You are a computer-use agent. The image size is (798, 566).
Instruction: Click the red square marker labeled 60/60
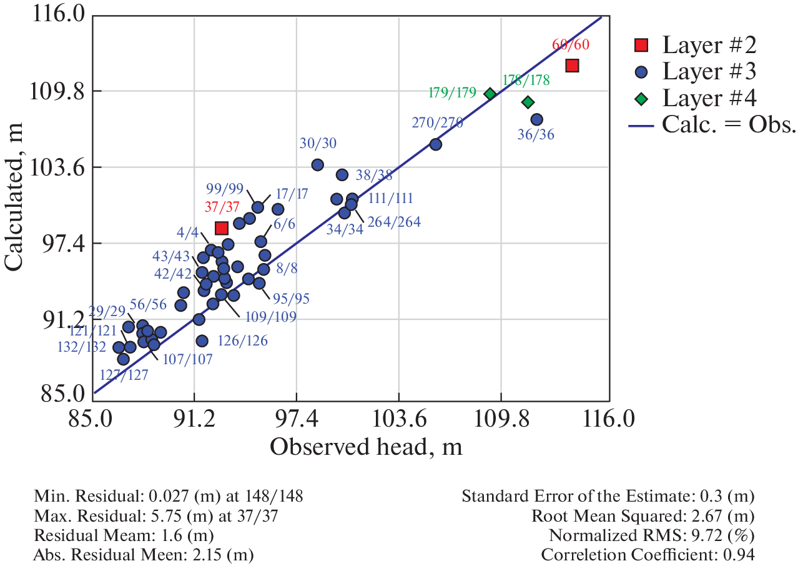coord(572,65)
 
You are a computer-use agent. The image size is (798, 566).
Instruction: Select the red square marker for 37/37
coord(221,228)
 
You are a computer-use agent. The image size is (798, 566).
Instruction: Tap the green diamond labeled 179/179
coord(490,94)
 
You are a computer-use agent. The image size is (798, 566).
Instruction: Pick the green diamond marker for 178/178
coord(528,102)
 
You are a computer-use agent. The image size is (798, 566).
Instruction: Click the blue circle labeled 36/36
coord(536,119)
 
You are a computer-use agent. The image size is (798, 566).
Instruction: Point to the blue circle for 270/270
coord(436,144)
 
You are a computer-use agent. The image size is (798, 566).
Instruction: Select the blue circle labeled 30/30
coord(317,165)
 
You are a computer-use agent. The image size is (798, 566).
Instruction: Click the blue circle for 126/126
coord(202,340)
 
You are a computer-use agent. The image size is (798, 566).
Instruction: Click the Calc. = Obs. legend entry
coord(712,125)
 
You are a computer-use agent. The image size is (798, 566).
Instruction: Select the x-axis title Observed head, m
coord(366,446)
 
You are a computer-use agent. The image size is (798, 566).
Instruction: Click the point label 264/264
coord(393,222)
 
